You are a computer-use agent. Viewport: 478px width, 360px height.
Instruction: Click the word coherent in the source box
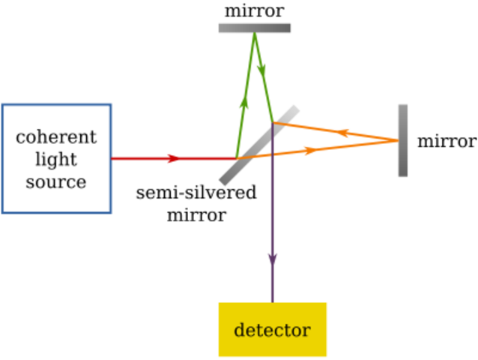point(56,137)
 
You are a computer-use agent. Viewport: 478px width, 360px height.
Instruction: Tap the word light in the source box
point(56,160)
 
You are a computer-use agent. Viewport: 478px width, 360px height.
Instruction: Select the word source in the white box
point(56,182)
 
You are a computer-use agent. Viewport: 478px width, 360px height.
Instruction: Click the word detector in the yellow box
point(272,331)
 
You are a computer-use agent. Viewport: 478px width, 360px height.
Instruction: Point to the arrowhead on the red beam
point(173,158)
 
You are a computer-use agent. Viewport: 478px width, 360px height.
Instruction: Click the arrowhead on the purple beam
point(272,257)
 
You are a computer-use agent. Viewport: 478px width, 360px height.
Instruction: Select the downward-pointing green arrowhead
point(261,69)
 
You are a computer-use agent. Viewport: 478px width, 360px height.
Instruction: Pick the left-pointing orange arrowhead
point(344,133)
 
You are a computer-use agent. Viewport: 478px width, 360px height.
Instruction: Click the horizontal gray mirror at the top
point(254,28)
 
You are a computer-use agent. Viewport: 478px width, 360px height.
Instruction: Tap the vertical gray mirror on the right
point(403,140)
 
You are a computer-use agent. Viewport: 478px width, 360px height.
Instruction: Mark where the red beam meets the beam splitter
point(235,158)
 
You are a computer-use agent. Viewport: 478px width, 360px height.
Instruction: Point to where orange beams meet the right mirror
point(396,139)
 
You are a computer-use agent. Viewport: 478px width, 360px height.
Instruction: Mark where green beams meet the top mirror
point(255,35)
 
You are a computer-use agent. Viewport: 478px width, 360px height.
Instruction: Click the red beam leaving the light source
point(142,158)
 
